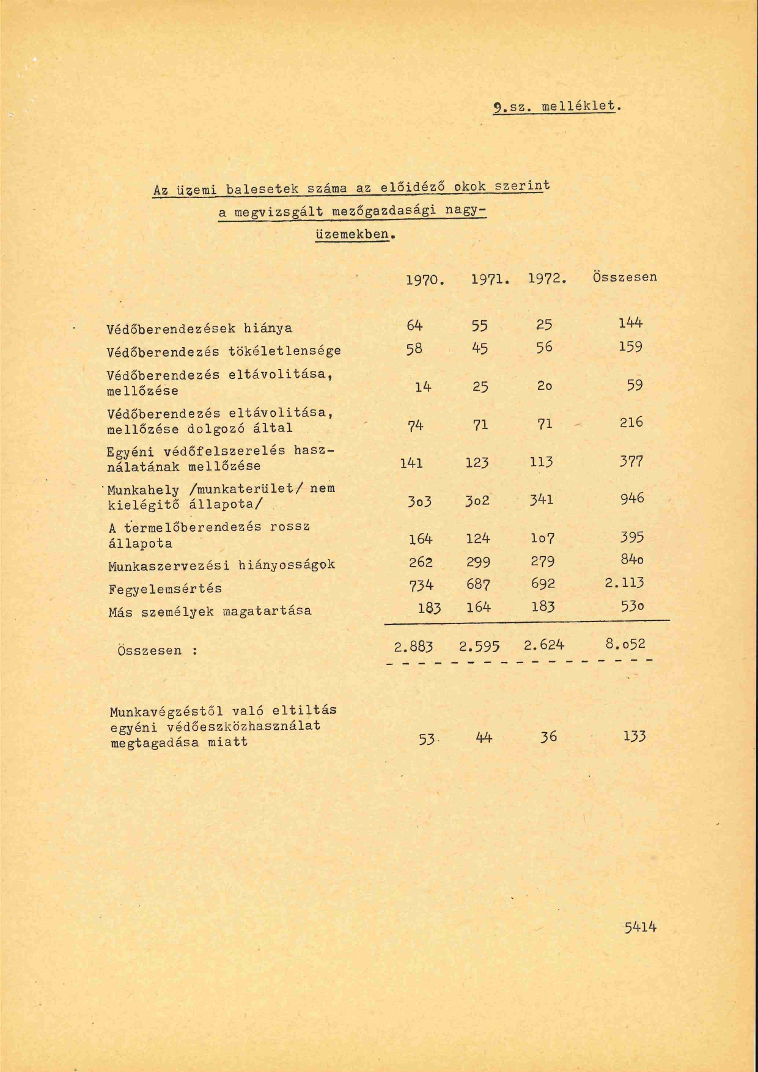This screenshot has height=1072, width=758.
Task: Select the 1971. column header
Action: (490, 280)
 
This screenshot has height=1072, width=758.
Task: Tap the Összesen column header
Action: (624, 277)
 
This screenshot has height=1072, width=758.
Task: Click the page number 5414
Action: (640, 927)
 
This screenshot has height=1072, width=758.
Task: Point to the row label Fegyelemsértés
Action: (165, 589)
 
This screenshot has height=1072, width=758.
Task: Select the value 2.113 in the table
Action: (624, 582)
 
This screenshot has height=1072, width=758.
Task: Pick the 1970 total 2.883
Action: (414, 647)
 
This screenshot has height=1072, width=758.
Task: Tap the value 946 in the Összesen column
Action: (631, 498)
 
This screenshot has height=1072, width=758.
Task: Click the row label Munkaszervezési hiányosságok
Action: (221, 565)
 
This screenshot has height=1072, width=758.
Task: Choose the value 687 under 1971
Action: (477, 585)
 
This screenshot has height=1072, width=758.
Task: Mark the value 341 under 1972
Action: (542, 499)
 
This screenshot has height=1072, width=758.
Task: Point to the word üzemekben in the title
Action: (351, 234)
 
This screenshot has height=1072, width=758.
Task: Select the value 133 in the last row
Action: (635, 736)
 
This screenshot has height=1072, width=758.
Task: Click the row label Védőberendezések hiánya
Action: (199, 328)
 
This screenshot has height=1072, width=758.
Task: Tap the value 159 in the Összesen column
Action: (630, 347)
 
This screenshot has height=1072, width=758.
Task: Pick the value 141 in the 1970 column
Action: (411, 463)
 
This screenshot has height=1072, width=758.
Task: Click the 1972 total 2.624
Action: (544, 644)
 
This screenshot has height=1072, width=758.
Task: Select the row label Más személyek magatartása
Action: (210, 611)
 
